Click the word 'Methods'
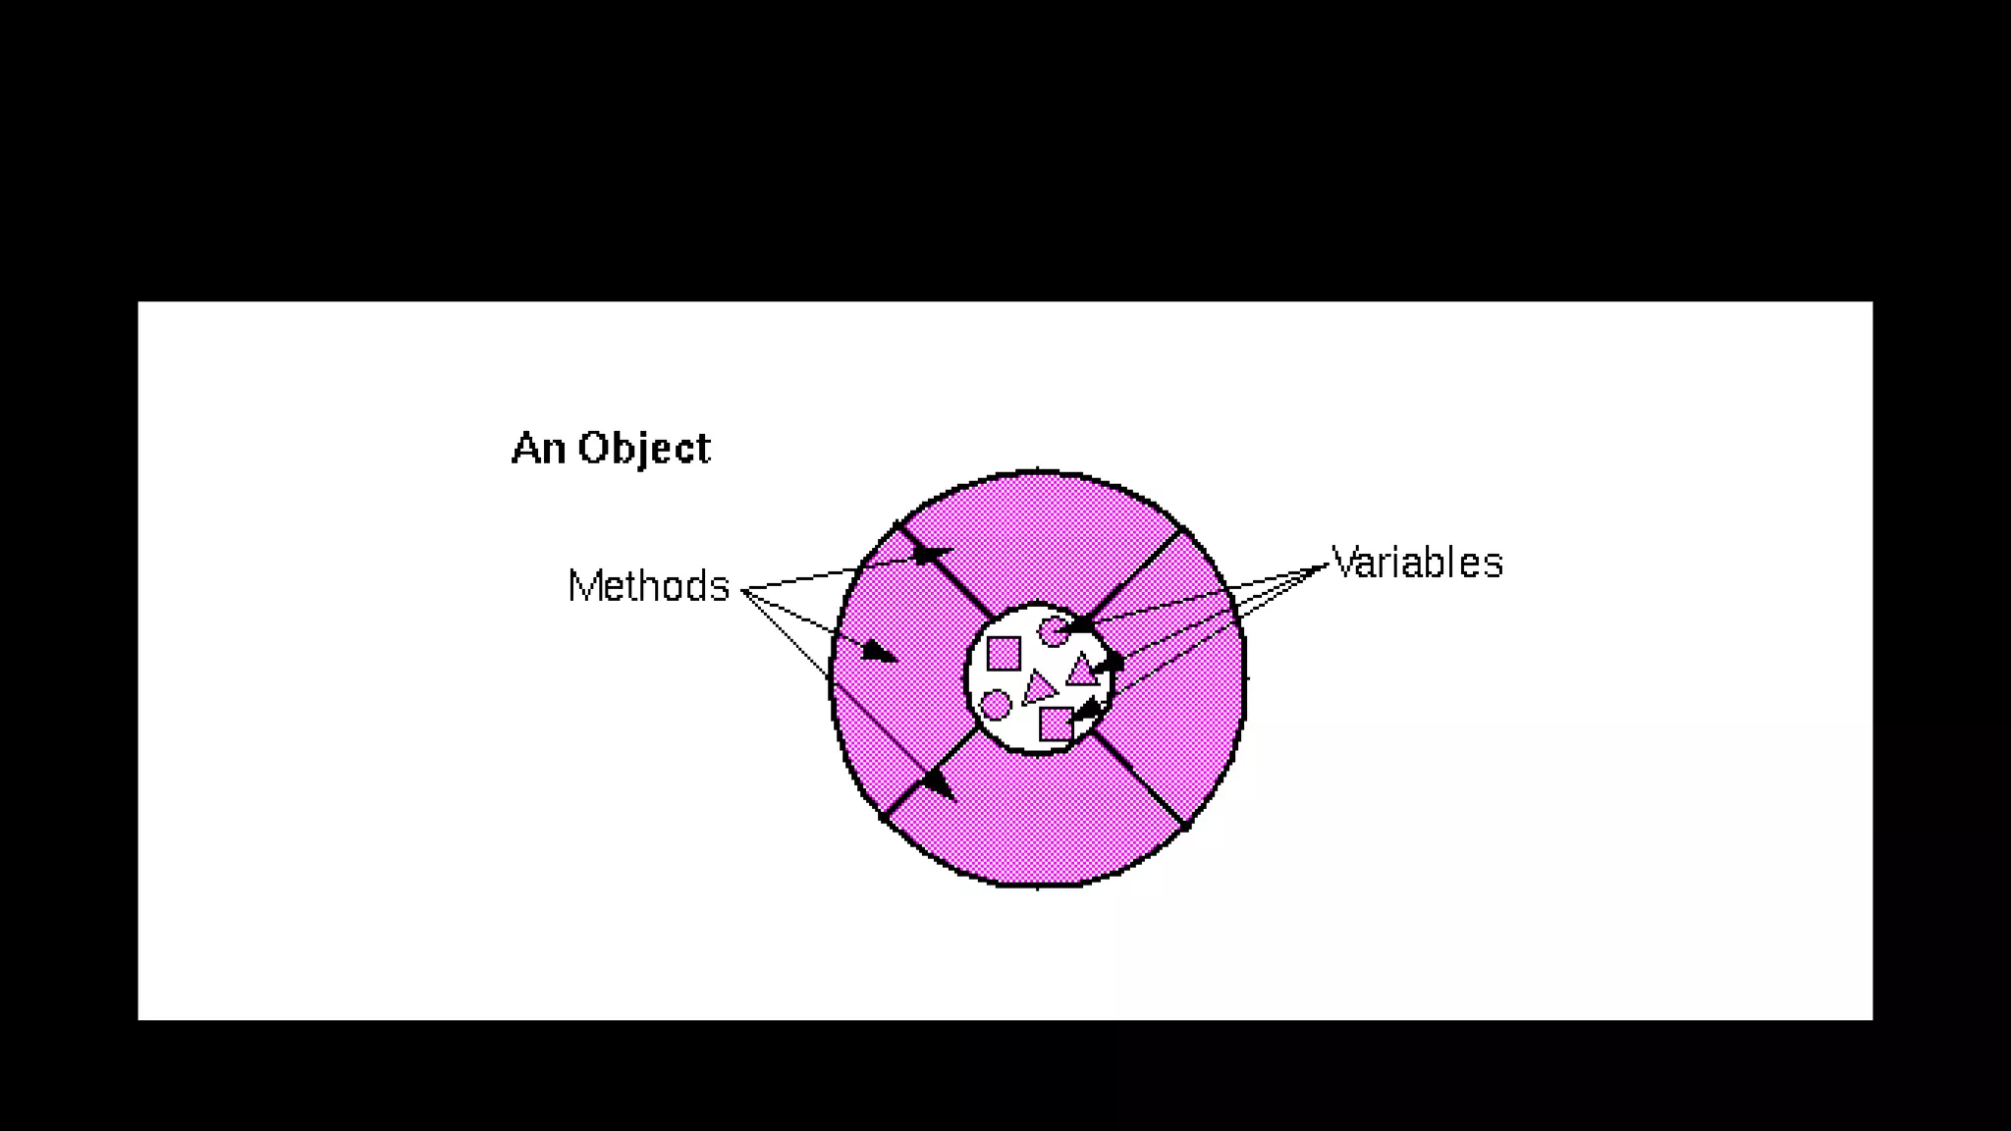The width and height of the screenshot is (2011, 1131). point(648,586)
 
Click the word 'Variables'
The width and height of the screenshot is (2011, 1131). point(1417,563)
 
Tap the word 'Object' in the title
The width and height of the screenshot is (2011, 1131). point(644,448)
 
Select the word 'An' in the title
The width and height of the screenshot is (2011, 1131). point(538,448)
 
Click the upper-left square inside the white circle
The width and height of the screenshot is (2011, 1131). point(1003,654)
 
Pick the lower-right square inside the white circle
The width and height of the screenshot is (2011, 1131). point(1056,725)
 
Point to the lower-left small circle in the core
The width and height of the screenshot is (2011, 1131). point(995,704)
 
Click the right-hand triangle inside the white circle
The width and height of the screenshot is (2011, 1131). point(1081,672)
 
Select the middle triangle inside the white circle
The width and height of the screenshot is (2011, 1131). point(1037,688)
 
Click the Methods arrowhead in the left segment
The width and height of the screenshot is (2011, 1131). point(880,651)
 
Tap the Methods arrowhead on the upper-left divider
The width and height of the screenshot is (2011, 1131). point(931,557)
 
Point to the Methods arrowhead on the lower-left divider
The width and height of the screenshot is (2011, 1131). point(940,784)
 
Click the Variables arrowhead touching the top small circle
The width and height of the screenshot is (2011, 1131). point(1077,624)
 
